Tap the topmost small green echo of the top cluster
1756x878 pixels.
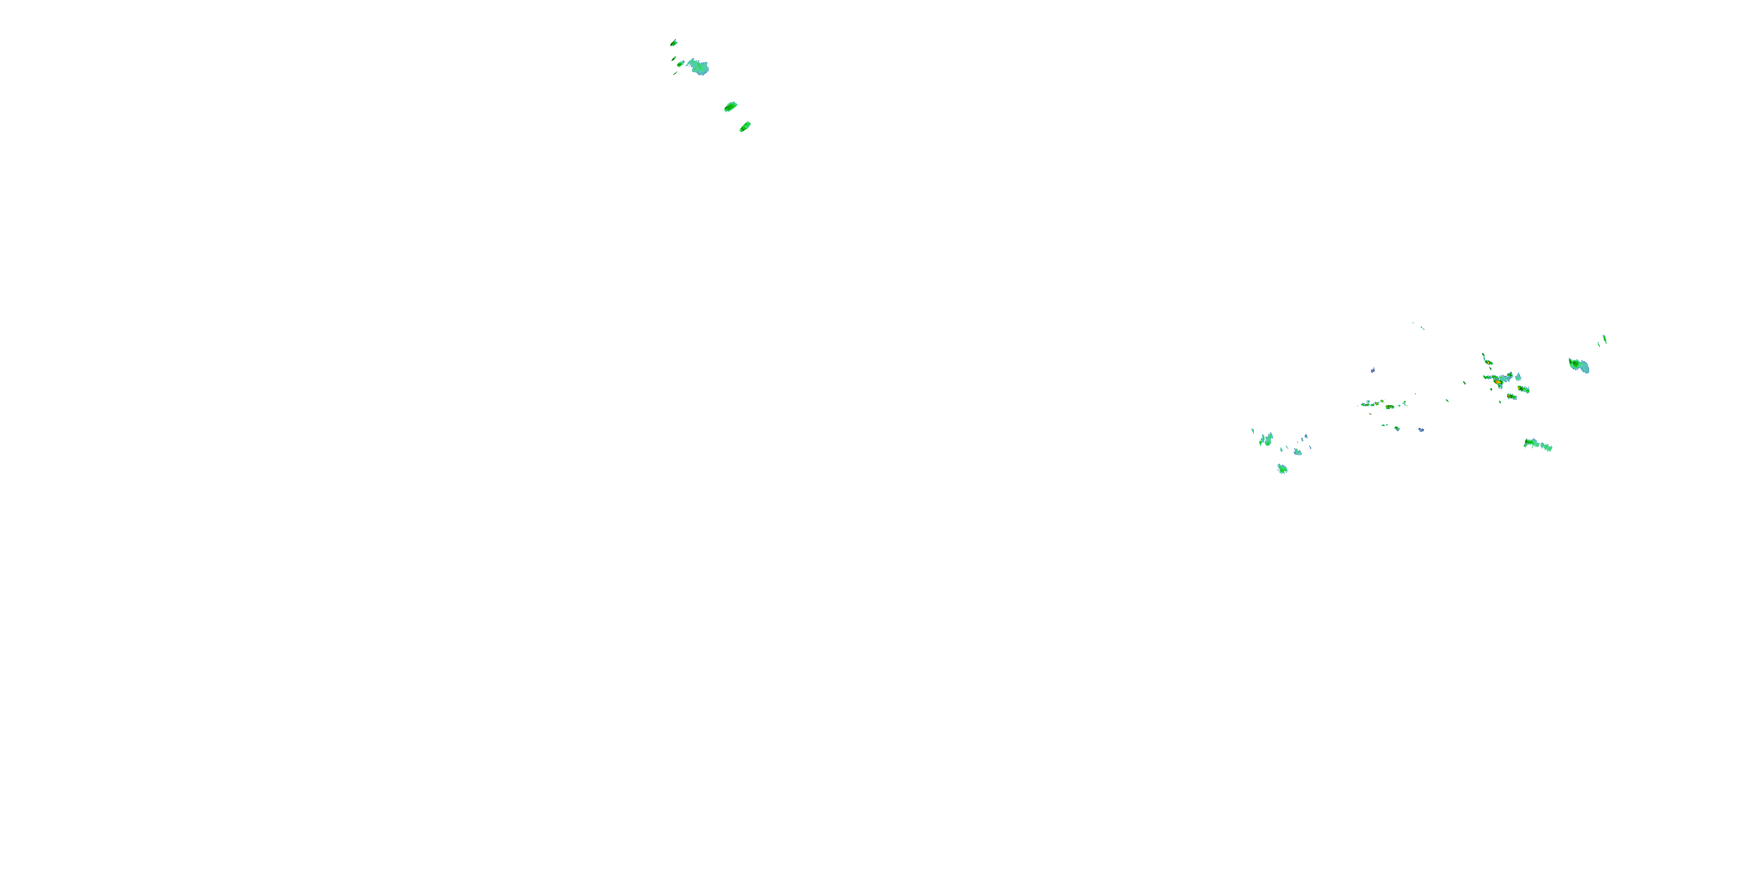click(x=674, y=43)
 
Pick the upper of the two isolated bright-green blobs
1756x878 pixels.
click(x=730, y=107)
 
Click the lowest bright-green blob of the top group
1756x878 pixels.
click(x=745, y=127)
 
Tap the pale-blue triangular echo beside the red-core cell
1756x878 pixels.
click(x=1518, y=376)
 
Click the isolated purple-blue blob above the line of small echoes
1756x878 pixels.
click(x=1372, y=370)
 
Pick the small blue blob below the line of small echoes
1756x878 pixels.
click(x=1421, y=430)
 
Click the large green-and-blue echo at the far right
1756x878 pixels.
click(x=1579, y=366)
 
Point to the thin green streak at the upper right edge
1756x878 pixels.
click(x=1604, y=339)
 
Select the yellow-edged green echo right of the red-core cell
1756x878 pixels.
click(x=1524, y=389)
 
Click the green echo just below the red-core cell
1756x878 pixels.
click(x=1511, y=396)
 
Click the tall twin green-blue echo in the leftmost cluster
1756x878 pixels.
click(x=1267, y=440)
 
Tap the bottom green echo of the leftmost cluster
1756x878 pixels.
click(x=1282, y=469)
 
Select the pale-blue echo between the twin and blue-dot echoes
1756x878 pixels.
click(x=1297, y=451)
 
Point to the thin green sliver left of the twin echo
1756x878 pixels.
click(x=1253, y=431)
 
